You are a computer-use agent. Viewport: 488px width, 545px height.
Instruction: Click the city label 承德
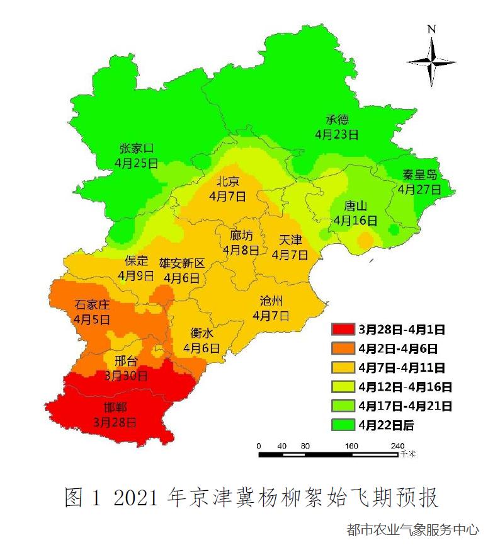click(x=337, y=120)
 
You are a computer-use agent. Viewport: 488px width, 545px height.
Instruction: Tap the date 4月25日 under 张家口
click(x=136, y=163)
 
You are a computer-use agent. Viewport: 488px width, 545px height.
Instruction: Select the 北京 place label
click(x=228, y=181)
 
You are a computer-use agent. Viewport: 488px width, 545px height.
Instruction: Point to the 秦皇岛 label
click(x=419, y=175)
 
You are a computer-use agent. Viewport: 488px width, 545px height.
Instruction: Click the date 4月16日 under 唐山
click(x=356, y=221)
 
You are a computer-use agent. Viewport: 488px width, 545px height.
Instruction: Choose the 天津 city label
click(x=290, y=240)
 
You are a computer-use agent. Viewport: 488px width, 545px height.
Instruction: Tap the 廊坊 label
click(x=241, y=236)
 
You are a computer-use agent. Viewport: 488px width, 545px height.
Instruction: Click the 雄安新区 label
click(x=181, y=263)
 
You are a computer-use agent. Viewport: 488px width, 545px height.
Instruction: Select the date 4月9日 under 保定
click(x=135, y=275)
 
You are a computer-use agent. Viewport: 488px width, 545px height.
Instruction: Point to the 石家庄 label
click(x=91, y=305)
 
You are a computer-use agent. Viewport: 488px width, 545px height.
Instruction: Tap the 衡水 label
click(x=201, y=334)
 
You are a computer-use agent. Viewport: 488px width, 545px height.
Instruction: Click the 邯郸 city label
click(x=114, y=407)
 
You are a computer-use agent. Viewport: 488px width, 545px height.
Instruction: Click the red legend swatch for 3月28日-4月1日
click(x=343, y=330)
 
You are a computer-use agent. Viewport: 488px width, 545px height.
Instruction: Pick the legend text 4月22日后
click(x=386, y=425)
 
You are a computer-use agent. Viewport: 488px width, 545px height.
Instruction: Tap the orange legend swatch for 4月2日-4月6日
click(x=343, y=348)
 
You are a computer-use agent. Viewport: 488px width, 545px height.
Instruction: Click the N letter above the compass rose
click(x=431, y=29)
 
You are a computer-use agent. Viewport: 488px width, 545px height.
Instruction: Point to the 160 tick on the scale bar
click(x=351, y=445)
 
